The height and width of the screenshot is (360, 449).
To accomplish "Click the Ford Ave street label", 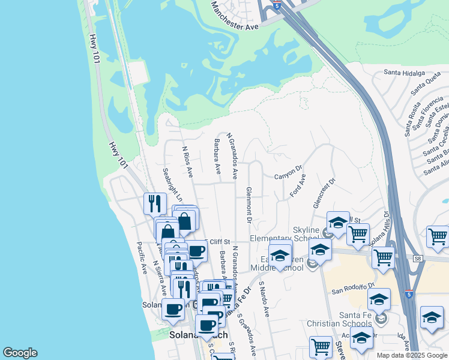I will [x=298, y=185].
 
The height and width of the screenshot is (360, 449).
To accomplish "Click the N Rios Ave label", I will [x=187, y=161].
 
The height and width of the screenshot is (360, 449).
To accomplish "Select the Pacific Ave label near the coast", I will [x=142, y=258].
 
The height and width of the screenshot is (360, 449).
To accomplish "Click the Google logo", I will [x=20, y=353].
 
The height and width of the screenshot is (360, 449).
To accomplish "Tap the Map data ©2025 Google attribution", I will [x=412, y=355].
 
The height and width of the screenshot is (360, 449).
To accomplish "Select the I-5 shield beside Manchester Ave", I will [x=276, y=4].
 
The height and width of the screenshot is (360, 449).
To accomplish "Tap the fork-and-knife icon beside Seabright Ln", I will [x=155, y=203].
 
